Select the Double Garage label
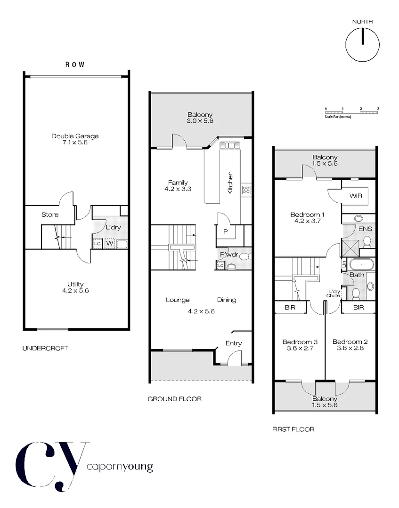[x=75, y=136]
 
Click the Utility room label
[x=75, y=284]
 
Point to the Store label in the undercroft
[x=50, y=214]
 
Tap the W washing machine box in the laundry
[x=109, y=244]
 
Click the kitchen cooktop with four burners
[x=246, y=190]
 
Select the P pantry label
[x=225, y=231]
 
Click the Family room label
[x=179, y=183]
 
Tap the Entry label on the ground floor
[x=234, y=343]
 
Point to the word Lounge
[x=178, y=300]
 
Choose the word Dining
[x=227, y=300]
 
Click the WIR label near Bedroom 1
[x=356, y=196]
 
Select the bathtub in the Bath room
[x=360, y=263]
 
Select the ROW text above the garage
[x=75, y=65]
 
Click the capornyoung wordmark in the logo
[x=120, y=468]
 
